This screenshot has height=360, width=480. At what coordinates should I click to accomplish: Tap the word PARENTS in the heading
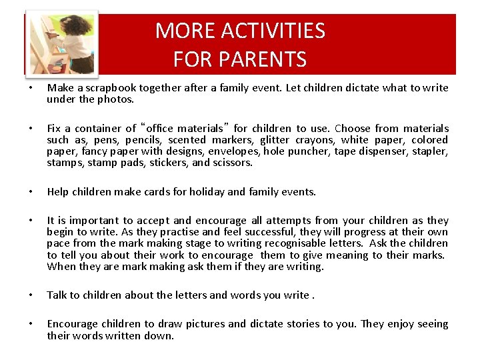click(265, 60)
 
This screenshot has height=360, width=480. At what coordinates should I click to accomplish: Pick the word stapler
click(430, 151)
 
